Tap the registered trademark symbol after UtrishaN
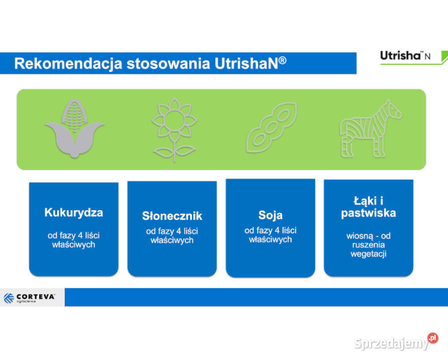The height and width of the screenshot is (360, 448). point(282,60)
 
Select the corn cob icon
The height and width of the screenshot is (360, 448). point(74,128)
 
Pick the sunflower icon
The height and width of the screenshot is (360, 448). point(174,128)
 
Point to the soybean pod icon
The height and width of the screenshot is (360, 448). point(271,128)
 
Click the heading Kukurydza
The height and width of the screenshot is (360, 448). point(74,213)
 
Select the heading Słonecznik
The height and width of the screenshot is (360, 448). point(172,216)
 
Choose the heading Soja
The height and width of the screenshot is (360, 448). point(270,215)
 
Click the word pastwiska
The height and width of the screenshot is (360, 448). point(368,214)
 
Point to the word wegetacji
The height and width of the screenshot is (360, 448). point(368,254)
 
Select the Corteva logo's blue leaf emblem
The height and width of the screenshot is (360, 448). point(9,298)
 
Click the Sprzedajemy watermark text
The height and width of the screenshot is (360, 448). point(391,343)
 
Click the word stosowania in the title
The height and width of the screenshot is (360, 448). point(168,64)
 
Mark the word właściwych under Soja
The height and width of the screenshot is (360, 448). point(270,240)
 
